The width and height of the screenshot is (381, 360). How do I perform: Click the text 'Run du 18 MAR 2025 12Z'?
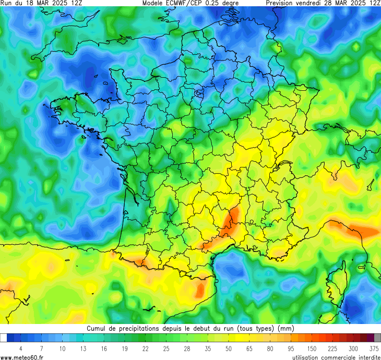pyautogui.click(x=41, y=3)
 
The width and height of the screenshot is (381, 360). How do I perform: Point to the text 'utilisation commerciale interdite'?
pyautogui.click(x=336, y=357)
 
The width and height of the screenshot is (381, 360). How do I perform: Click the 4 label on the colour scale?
pyautogui.click(x=20, y=348)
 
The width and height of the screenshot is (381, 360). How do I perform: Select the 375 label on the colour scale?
pyautogui.click(x=374, y=348)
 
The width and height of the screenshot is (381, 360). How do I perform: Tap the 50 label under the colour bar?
pyautogui.click(x=229, y=348)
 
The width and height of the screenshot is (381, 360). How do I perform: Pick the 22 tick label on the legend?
pyautogui.click(x=145, y=348)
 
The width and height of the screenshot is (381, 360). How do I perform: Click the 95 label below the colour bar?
pyautogui.click(x=291, y=348)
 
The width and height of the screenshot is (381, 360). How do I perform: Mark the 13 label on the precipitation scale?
pyautogui.click(x=83, y=348)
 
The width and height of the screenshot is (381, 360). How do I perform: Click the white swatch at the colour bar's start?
pyautogui.click(x=4, y=338)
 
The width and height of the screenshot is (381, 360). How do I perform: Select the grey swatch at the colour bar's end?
pyautogui.click(x=377, y=338)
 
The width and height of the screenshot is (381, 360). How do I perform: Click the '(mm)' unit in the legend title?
pyautogui.click(x=285, y=329)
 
